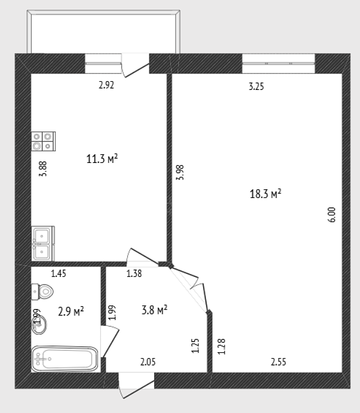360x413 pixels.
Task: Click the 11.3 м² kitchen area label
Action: [102, 159]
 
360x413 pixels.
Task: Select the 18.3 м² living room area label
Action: [265, 193]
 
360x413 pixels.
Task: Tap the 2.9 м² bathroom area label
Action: [71, 311]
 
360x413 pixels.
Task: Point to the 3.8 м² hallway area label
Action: [155, 310]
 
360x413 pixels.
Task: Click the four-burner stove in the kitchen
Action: [43, 141]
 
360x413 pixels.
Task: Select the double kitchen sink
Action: [43, 244]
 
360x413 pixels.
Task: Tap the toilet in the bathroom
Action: [42, 291]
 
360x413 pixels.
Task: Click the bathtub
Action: [65, 359]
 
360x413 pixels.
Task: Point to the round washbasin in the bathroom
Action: [39, 325]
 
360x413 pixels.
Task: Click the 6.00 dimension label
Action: [332, 214]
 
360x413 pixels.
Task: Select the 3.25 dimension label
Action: [256, 86]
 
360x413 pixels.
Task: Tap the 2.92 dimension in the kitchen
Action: [106, 85]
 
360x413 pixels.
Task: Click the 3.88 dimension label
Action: [43, 169]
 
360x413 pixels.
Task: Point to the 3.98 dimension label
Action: [180, 172]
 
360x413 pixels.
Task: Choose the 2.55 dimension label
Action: [278, 362]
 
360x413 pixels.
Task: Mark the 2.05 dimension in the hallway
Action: [148, 362]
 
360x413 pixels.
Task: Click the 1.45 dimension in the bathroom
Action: [58, 273]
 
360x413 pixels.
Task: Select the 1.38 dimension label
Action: [134, 273]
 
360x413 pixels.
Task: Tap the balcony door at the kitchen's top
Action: [135, 65]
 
